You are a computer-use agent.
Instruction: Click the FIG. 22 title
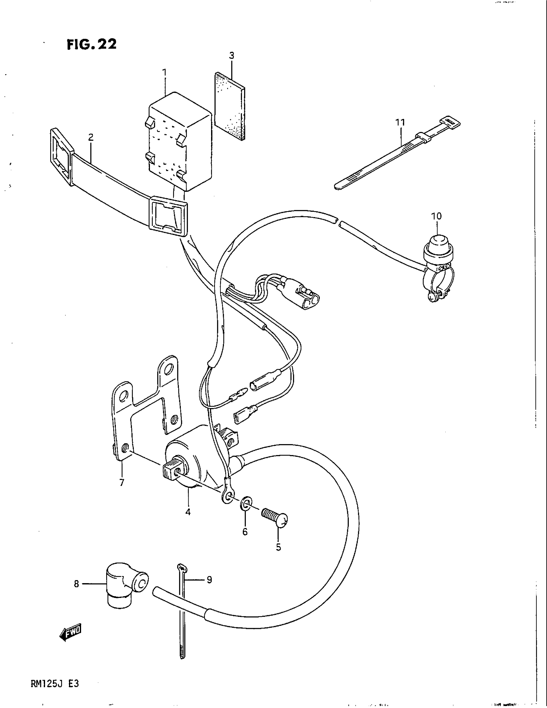(91, 44)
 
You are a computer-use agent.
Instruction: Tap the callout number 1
(164, 72)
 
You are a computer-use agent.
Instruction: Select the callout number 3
(231, 55)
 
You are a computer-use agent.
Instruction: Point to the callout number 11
(400, 123)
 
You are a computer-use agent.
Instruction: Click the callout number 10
(437, 216)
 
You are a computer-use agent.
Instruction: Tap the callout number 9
(209, 579)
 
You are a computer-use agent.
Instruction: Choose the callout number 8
(77, 584)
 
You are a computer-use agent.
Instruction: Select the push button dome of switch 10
(438, 243)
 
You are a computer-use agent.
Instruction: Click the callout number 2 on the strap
(91, 137)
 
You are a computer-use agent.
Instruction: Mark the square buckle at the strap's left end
(61, 157)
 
